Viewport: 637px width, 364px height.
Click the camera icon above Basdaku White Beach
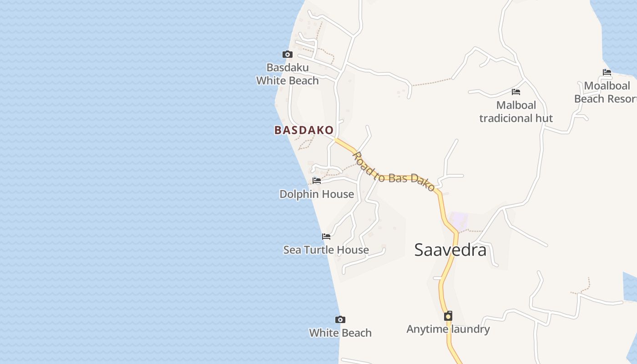(x=287, y=55)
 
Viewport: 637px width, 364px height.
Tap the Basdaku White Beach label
(x=288, y=74)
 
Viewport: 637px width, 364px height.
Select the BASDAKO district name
(x=304, y=130)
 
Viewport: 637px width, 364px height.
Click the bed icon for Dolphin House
(x=317, y=181)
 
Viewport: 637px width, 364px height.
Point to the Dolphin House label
(x=317, y=194)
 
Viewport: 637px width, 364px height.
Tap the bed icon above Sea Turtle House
(x=326, y=237)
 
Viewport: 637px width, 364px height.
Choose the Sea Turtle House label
(x=326, y=250)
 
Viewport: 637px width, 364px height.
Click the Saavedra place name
(x=450, y=250)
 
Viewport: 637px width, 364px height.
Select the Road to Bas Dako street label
(x=394, y=172)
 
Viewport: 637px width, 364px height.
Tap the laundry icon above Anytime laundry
(x=448, y=316)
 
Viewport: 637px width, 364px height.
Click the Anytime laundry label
(x=448, y=329)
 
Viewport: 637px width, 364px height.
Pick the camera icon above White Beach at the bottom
(x=340, y=319)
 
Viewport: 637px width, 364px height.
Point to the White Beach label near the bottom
(x=340, y=333)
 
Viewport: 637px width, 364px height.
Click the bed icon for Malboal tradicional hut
(x=516, y=92)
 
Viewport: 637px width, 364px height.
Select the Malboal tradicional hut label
(x=516, y=112)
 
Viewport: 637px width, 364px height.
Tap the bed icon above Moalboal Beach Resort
(x=607, y=72)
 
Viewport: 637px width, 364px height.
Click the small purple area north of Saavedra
(x=459, y=221)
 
